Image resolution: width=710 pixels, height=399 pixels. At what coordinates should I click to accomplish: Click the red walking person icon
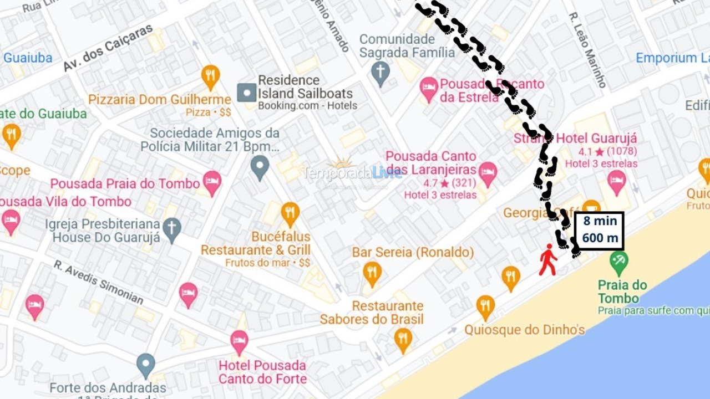click(x=548, y=259)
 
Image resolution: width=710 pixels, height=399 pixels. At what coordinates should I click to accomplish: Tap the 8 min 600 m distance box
click(x=599, y=231)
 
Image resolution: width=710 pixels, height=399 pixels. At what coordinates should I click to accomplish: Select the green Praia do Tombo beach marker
click(x=618, y=260)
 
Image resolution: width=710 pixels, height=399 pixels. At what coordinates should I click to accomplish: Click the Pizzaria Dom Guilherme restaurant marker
click(x=210, y=76)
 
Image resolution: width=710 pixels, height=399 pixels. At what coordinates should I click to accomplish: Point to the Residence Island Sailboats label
click(x=305, y=86)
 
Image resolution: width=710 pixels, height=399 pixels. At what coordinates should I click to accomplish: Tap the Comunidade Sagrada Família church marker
click(x=380, y=73)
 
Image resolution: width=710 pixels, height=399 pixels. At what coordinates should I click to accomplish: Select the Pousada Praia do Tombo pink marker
click(x=212, y=182)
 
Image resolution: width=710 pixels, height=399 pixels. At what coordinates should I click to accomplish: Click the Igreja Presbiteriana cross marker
click(x=172, y=229)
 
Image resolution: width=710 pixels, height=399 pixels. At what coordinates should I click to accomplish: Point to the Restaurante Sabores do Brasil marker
click(x=403, y=339)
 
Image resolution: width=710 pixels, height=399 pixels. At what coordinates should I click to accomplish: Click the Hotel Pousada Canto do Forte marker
click(x=239, y=341)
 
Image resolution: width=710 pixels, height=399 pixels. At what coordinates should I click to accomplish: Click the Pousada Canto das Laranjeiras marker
click(x=488, y=172)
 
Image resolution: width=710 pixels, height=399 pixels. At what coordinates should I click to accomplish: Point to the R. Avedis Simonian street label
click(x=99, y=283)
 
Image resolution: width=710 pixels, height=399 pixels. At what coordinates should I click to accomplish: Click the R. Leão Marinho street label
click(x=587, y=50)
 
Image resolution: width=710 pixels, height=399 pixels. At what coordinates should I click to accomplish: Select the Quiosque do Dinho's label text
click(x=524, y=330)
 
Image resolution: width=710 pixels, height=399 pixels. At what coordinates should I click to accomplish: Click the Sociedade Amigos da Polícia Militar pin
click(x=260, y=166)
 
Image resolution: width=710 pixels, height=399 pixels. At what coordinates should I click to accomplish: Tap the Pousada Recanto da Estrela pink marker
click(x=428, y=88)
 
